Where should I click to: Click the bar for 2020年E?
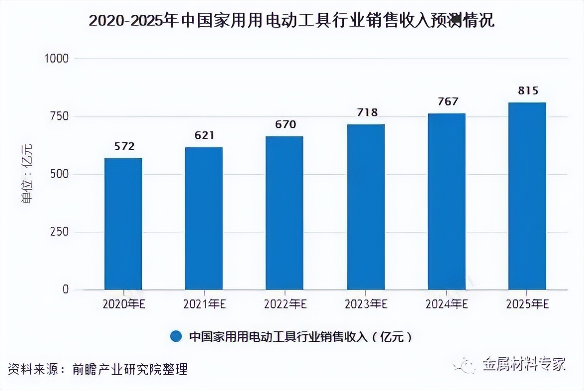tap(123, 224)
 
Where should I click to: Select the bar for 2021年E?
tap(203, 218)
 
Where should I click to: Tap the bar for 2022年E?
tap(284, 213)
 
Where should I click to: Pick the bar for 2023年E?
tap(366, 207)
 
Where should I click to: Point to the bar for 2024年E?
tap(446, 201)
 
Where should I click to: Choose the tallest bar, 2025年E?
tap(527, 196)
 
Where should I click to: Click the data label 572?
tap(124, 146)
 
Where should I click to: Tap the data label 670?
tap(285, 124)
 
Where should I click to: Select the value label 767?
tap(448, 101)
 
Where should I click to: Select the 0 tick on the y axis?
tap(65, 290)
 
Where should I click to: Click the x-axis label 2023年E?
tap(366, 304)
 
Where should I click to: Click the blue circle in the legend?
tap(176, 336)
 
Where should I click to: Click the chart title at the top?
tap(292, 21)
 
